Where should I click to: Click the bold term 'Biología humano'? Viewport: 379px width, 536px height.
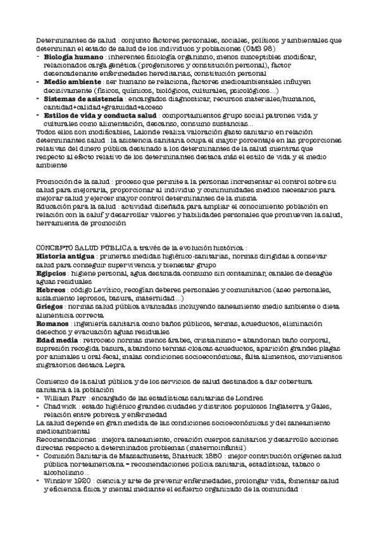click(x=69, y=58)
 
